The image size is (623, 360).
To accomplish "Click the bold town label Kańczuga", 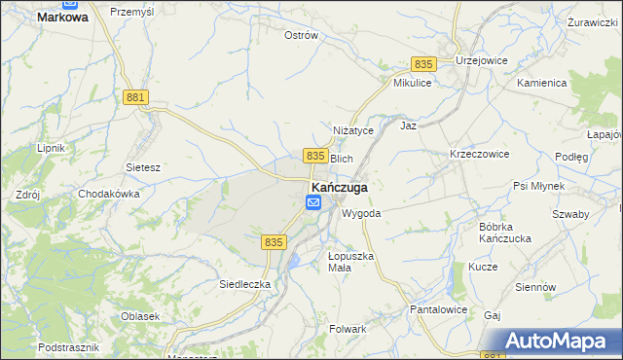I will [339, 186].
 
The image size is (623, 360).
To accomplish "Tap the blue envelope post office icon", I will [313, 202].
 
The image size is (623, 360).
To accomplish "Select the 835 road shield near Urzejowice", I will [422, 63].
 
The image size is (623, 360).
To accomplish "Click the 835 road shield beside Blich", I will [313, 156].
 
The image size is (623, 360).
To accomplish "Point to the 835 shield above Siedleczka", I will [274, 241].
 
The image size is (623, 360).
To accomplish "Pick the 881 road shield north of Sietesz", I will [136, 97].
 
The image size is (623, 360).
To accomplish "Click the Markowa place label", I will [62, 17].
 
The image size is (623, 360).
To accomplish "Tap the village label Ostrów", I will [301, 35].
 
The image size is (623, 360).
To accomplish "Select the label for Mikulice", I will [412, 84].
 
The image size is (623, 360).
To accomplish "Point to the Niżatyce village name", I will [353, 131].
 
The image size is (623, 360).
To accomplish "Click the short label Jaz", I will [409, 126].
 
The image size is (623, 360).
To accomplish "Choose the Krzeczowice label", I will [479, 154].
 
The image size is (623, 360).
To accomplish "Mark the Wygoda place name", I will [361, 212].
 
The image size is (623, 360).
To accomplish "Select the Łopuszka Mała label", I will [350, 262].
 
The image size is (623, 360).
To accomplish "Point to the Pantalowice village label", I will [438, 309].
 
